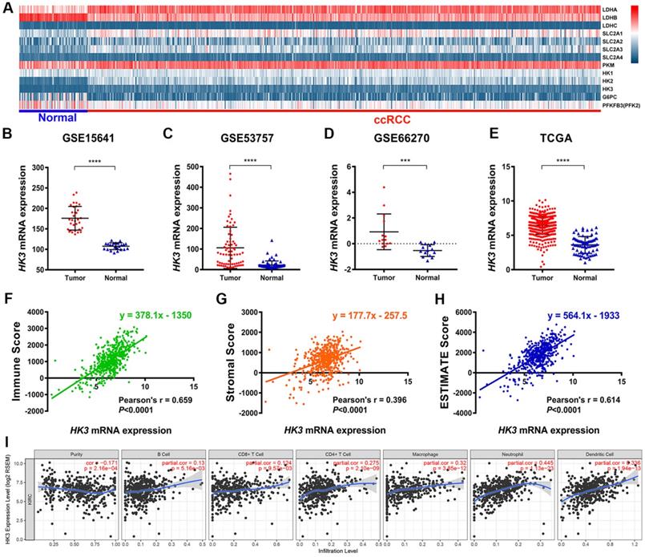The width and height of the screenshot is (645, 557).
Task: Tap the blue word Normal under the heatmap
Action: [x=50, y=117]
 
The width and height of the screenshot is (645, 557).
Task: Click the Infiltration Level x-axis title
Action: [x=337, y=551]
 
